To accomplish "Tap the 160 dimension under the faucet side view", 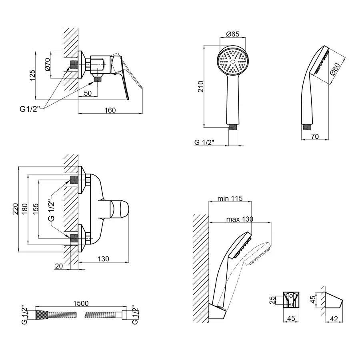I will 110,110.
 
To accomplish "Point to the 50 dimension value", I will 88,94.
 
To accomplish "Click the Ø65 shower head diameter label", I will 232,34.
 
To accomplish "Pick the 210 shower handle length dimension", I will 201,86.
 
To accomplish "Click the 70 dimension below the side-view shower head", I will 314,136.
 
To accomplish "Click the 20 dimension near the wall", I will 59,266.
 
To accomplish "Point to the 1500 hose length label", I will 81,304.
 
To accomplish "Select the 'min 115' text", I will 230,199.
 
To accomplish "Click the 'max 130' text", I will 240,219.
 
